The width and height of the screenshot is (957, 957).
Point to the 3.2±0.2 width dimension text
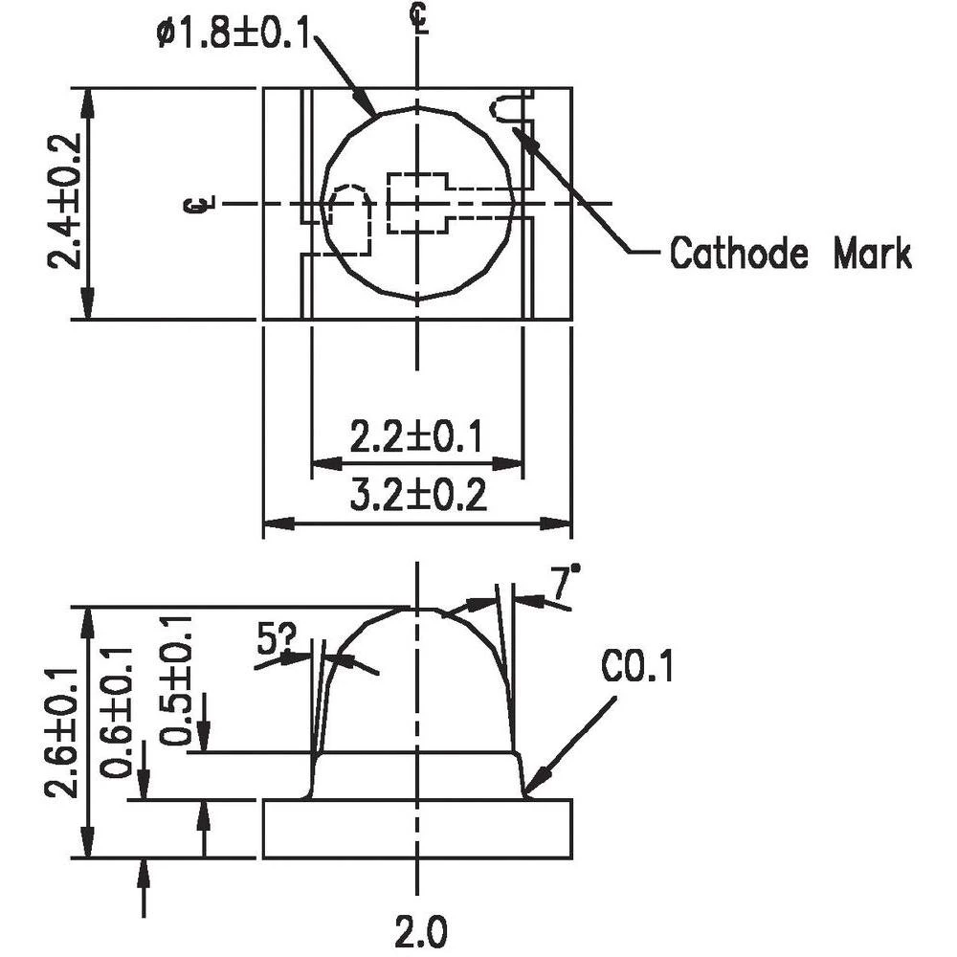[415, 497]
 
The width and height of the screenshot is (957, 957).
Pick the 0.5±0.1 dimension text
[175, 680]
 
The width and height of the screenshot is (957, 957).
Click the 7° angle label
[565, 581]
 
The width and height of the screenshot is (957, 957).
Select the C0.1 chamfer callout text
[638, 668]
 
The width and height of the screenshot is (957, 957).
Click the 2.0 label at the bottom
[420, 930]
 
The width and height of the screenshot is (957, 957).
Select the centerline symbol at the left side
[200, 203]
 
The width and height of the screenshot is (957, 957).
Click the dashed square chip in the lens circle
[417, 203]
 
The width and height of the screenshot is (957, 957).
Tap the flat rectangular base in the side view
[417, 829]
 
